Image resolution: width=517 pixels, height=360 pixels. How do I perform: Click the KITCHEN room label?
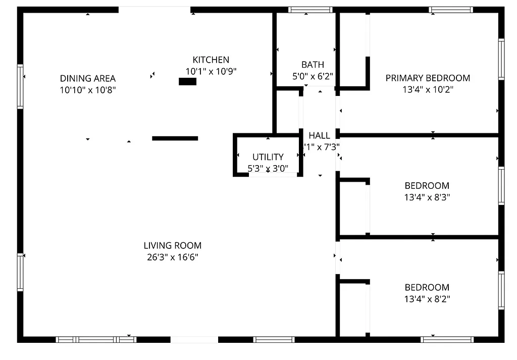coord(211,60)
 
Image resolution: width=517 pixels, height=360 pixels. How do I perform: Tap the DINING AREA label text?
coord(88,78)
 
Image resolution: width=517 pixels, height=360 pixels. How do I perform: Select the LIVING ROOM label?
coord(172,246)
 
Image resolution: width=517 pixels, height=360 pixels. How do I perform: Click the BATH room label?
coord(313,65)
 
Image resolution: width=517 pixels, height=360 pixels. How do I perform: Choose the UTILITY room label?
coord(268,157)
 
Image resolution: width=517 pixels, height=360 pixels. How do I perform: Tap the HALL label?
coord(319,135)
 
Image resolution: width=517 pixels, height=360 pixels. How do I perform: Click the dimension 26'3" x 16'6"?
coord(172,258)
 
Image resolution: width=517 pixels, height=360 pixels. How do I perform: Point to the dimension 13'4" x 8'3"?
coord(427,197)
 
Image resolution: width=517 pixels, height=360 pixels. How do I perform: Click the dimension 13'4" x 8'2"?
coord(427,299)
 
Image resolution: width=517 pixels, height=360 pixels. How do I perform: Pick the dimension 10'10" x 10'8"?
coord(88,90)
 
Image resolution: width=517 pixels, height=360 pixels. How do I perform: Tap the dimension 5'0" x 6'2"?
coord(313,76)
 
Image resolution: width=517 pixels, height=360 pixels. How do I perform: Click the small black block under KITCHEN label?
coord(187,81)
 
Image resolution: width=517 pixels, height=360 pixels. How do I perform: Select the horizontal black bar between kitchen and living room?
coord(175,138)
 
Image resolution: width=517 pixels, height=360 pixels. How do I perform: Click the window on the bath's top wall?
coord(310,10)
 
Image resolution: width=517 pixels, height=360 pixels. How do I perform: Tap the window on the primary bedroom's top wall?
coord(451,10)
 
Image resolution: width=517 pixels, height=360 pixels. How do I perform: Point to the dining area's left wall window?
coord(20,86)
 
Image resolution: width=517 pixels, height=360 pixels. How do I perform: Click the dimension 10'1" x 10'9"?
coord(211,72)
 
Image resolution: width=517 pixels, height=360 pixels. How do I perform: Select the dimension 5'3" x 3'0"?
coord(268,169)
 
